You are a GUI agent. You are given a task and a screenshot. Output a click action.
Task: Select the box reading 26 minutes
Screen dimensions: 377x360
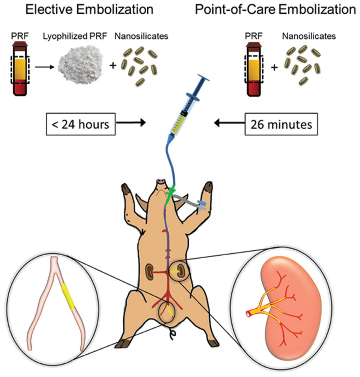click(x=281, y=124)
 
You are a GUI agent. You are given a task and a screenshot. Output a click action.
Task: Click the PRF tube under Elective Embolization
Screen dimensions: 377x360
click(x=20, y=68)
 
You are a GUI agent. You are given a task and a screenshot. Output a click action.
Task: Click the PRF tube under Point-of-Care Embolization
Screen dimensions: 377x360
click(x=254, y=68)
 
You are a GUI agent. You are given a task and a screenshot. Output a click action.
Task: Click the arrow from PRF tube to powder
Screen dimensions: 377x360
click(x=44, y=67)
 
